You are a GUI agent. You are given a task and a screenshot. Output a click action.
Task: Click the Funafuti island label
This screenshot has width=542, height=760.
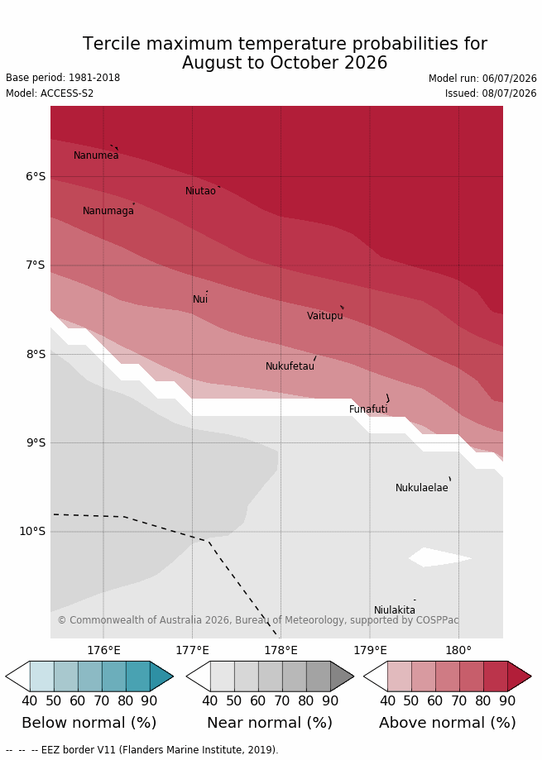tap(368, 409)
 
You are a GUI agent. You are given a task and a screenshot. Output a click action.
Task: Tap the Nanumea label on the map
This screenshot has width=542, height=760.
tap(96, 155)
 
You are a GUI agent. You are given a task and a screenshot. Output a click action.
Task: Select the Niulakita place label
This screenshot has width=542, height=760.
tap(394, 609)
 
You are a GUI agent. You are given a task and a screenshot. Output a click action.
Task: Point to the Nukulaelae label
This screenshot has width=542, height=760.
tap(422, 488)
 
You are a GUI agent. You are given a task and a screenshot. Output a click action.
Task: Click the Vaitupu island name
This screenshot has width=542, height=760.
tap(325, 316)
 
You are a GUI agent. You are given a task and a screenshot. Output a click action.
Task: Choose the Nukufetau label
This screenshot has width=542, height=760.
tap(290, 366)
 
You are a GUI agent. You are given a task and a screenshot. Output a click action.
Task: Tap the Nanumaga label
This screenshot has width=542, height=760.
tap(108, 211)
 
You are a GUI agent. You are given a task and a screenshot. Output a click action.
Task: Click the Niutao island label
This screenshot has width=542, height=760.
tap(200, 191)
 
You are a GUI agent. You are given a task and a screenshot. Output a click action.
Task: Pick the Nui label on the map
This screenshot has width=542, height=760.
tap(200, 299)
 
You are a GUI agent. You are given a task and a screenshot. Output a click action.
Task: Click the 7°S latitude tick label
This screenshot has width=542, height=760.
tap(36, 265)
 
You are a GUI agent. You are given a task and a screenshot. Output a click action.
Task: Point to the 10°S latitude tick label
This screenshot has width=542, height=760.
tap(32, 531)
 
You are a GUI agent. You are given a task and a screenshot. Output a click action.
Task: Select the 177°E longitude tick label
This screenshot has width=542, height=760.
tap(193, 650)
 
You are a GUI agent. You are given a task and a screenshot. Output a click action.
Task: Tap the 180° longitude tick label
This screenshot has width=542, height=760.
tap(458, 650)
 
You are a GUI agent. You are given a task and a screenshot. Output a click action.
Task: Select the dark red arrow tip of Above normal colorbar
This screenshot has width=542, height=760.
tap(519, 676)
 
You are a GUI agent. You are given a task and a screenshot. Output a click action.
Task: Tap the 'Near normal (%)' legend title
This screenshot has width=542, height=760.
tap(270, 723)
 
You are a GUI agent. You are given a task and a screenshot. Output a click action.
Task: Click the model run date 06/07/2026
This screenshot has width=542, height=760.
tap(510, 79)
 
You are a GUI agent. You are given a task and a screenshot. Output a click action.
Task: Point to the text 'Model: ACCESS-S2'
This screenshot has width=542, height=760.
tap(50, 93)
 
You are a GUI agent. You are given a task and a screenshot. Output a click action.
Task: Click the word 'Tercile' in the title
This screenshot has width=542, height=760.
tap(112, 44)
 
